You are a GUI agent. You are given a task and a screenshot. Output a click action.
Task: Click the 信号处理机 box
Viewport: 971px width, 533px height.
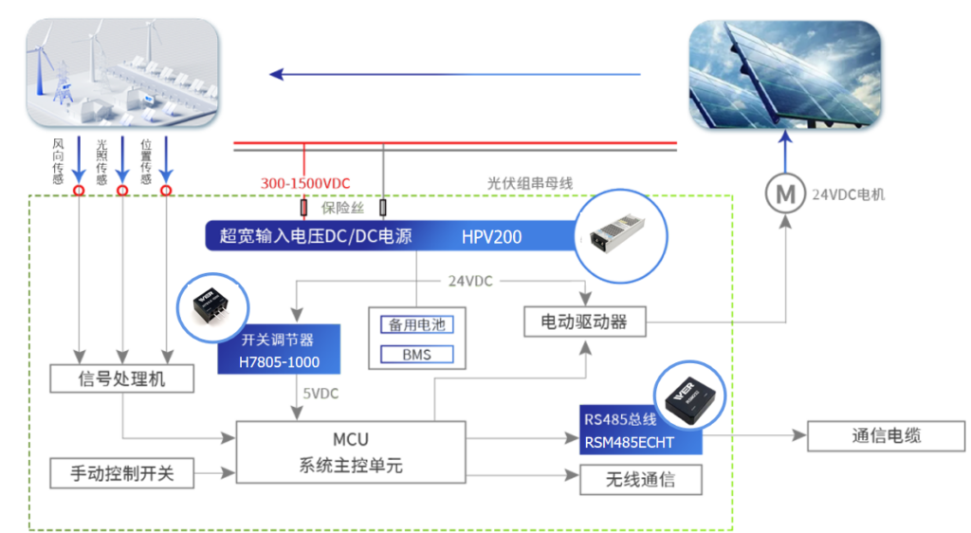click(x=122, y=379)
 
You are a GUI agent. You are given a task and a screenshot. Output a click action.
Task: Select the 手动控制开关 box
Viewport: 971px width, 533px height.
click(x=122, y=472)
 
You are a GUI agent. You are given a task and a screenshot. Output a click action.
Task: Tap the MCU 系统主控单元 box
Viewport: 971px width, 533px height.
click(x=350, y=453)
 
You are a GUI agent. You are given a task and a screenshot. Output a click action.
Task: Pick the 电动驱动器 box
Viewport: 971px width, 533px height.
click(x=584, y=322)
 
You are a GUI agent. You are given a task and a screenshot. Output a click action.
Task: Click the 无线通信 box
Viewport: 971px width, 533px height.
click(x=641, y=479)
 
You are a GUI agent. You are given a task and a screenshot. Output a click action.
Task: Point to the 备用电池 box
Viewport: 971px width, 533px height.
click(x=416, y=324)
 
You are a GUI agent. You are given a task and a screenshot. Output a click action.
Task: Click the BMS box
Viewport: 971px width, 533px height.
click(x=416, y=355)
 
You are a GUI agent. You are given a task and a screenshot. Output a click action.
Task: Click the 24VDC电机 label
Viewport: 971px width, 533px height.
click(x=848, y=195)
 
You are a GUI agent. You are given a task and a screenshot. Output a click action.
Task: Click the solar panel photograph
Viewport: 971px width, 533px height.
click(x=784, y=75)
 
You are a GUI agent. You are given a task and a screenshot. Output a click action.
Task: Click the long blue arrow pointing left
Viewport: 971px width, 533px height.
click(x=455, y=74)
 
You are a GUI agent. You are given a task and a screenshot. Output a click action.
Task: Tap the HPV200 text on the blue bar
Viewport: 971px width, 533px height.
click(x=491, y=236)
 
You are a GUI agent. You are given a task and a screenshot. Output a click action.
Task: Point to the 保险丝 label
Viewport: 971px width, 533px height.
click(x=343, y=208)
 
